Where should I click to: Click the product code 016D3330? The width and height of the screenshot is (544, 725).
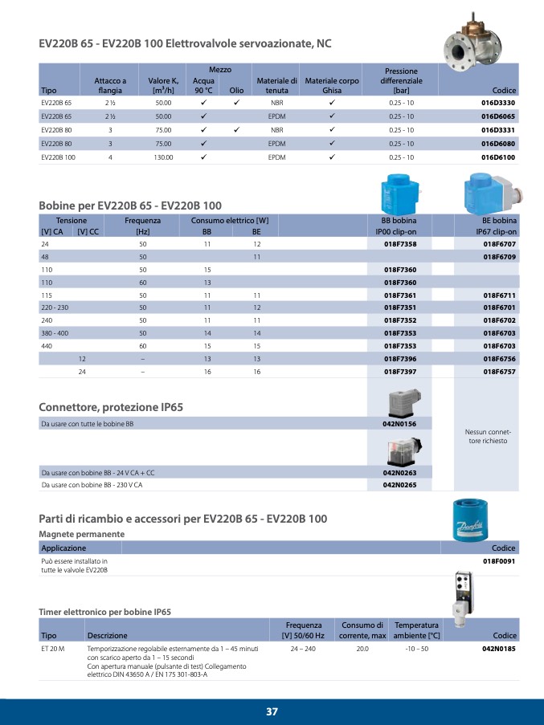point(498,104)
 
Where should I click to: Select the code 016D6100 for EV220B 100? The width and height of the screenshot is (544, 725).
point(498,158)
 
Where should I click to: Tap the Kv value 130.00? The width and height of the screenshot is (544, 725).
point(164,158)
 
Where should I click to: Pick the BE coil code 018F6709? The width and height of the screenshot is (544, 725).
point(499,256)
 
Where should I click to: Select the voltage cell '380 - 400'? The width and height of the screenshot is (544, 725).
point(55,332)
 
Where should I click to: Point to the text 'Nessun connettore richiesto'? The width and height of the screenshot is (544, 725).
point(488,437)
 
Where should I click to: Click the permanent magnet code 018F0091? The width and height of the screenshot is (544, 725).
point(498,560)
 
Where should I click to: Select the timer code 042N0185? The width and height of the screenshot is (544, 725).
point(498,647)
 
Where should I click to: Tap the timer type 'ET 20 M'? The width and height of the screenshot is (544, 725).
point(52,647)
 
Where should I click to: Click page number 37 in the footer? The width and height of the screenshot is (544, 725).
point(272,711)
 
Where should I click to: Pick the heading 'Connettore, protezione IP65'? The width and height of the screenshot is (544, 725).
point(111,407)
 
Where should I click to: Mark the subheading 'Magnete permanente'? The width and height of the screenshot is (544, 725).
point(82,534)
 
